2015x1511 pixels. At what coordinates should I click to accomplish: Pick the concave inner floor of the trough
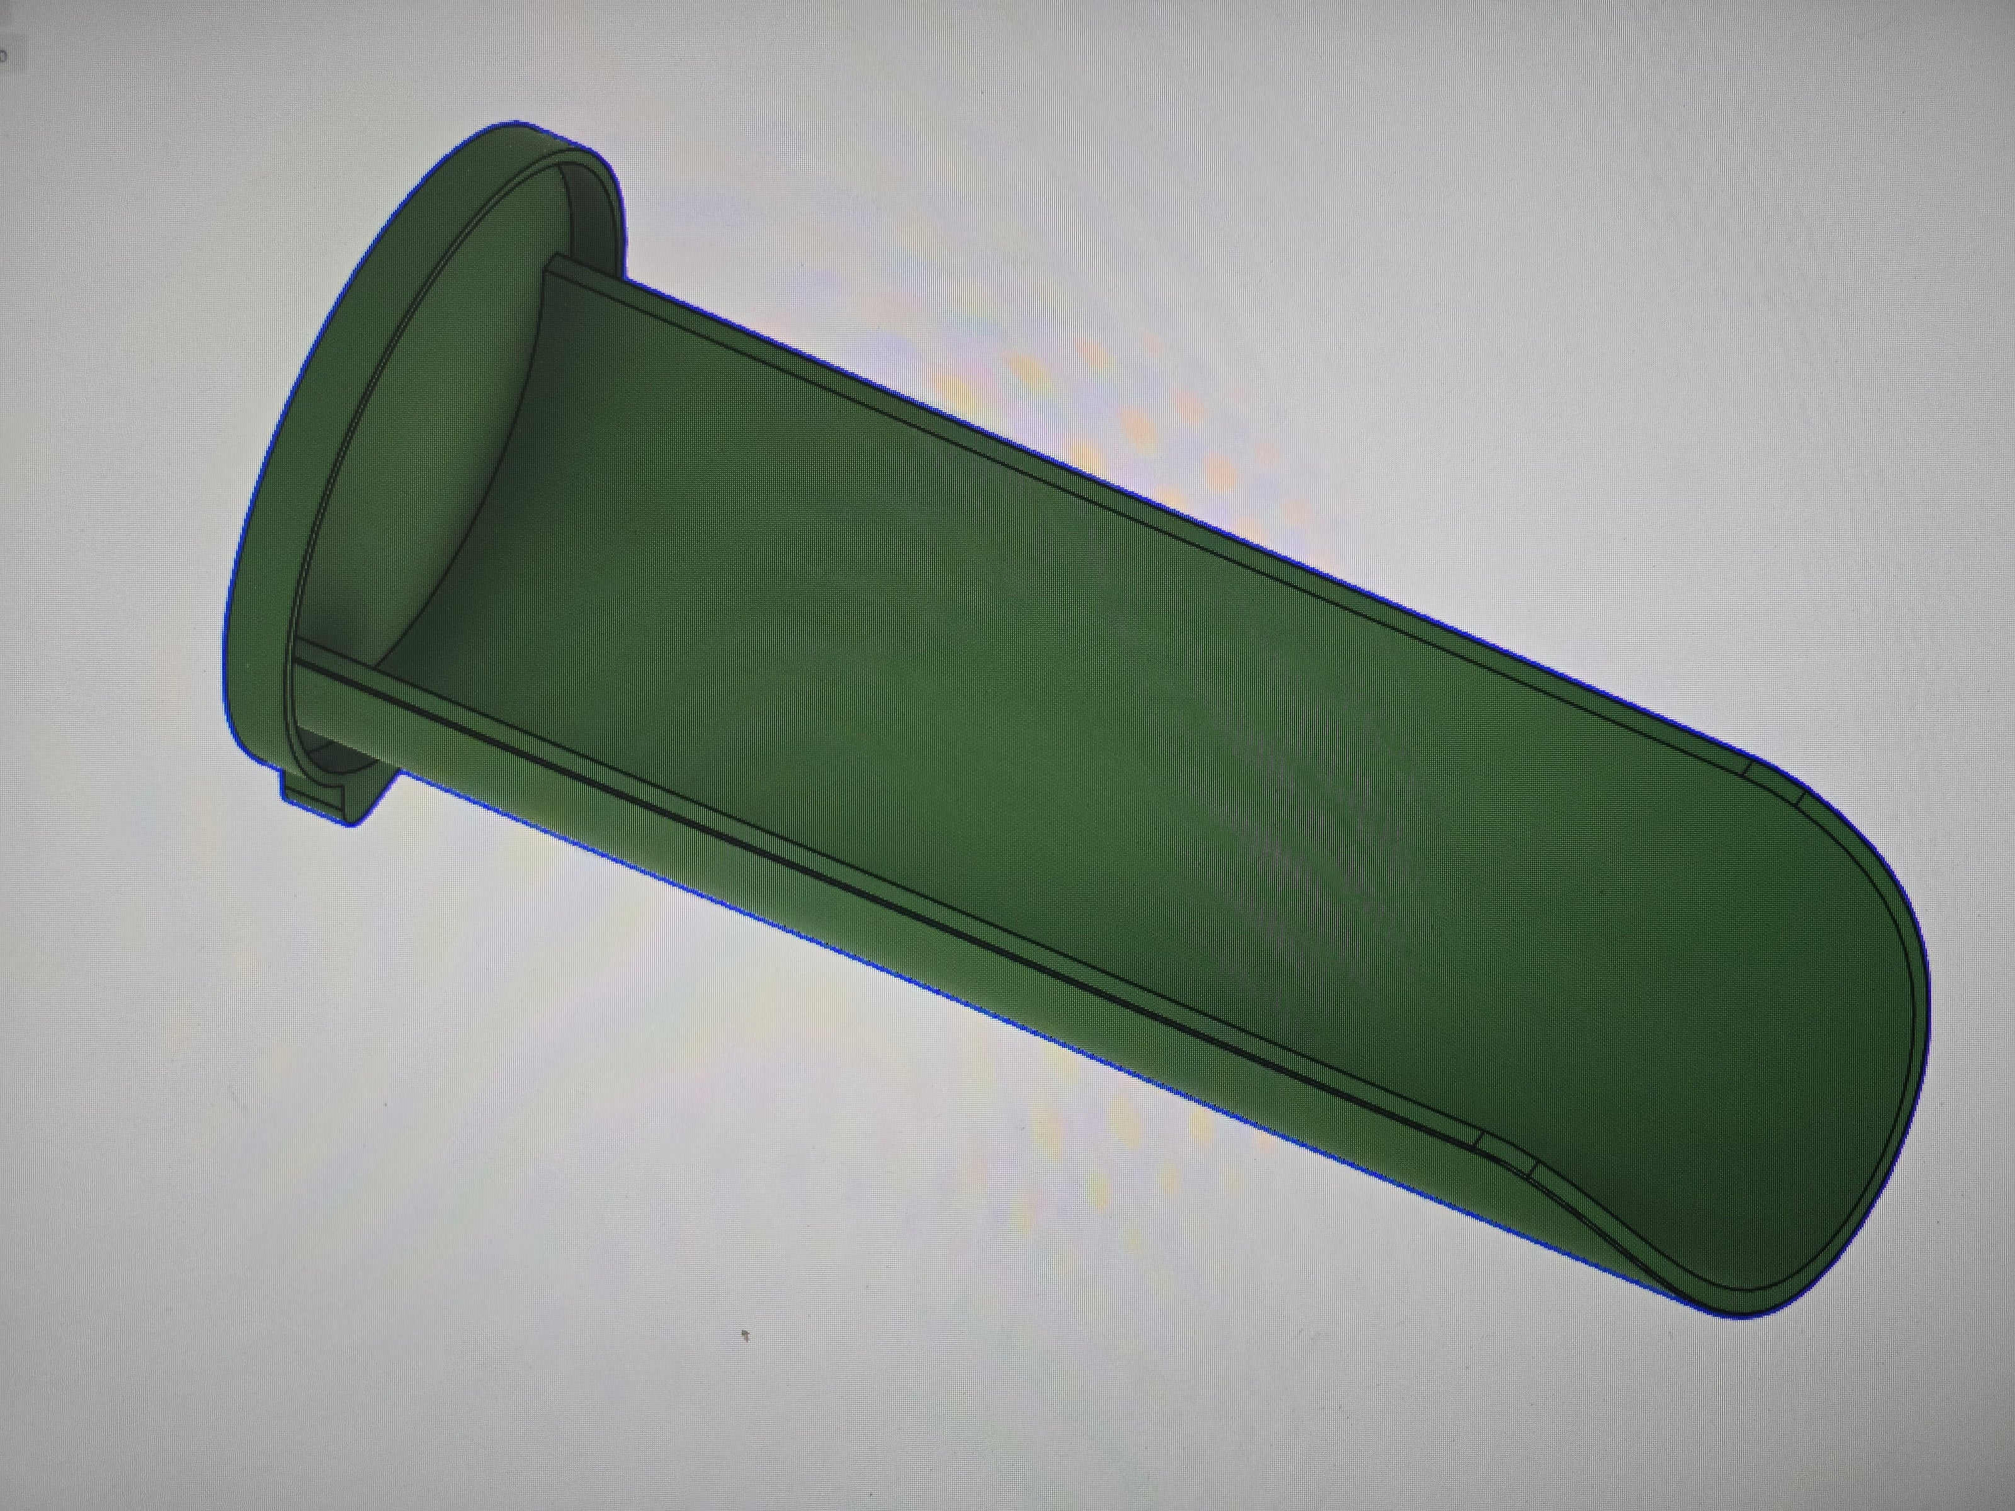pos(1093,728)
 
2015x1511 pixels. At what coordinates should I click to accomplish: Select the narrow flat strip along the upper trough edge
pos(1093,483)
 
